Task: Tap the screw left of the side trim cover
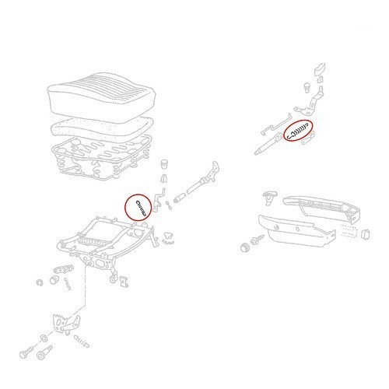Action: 258,242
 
